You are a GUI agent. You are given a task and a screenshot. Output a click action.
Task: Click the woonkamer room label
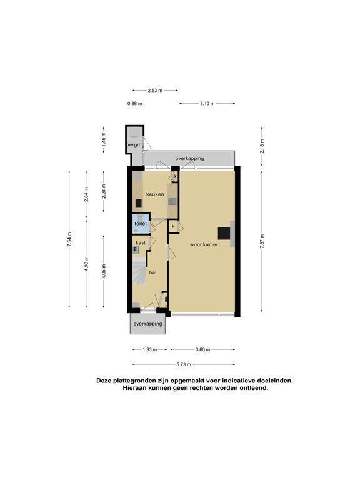tap(204, 244)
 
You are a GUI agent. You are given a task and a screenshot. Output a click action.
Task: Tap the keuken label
tap(155, 194)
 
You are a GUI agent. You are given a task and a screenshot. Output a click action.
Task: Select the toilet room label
tap(141, 224)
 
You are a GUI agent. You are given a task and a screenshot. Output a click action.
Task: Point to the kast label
tap(141, 242)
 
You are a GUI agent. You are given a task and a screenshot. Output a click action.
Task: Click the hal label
tap(152, 272)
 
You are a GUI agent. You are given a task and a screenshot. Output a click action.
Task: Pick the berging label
tap(135, 144)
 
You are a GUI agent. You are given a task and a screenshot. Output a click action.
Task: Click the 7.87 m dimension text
tap(262, 242)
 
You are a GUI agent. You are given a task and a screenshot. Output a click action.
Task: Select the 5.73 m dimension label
tap(184, 364)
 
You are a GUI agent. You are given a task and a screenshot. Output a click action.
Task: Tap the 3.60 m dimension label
tap(202, 349)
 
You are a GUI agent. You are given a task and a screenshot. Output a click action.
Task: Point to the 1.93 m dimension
tap(150, 349)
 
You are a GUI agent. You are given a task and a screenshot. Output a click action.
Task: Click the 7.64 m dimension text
tap(69, 239)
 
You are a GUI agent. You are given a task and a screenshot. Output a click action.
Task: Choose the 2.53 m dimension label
tap(155, 90)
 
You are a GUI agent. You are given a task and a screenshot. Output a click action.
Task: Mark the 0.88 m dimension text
tap(135, 104)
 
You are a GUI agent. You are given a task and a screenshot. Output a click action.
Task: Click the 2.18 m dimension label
tap(262, 146)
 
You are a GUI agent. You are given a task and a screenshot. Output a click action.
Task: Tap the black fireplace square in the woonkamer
tap(224, 234)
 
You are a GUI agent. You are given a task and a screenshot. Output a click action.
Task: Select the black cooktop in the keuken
tap(139, 203)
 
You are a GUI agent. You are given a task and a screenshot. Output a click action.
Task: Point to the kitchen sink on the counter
tap(173, 201)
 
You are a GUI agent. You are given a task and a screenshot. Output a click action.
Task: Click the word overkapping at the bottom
tap(148, 324)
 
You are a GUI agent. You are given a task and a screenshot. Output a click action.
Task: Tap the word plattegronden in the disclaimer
tap(134, 381)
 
